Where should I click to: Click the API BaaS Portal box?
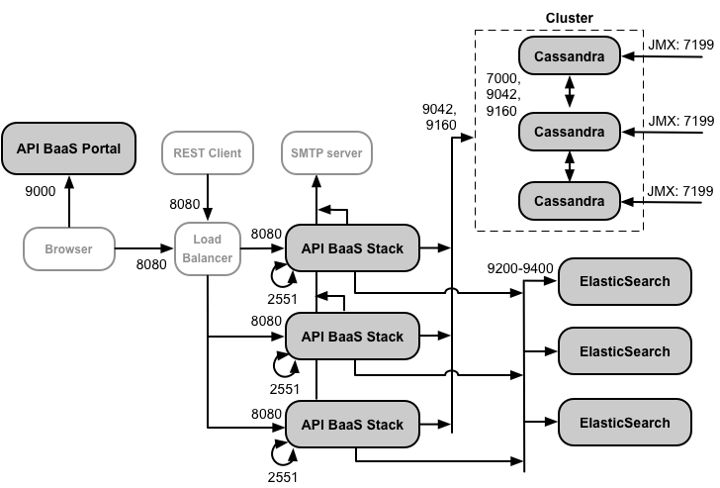pyautogui.click(x=68, y=149)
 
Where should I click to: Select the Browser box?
pyautogui.click(x=68, y=248)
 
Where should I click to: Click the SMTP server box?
pyautogui.click(x=326, y=153)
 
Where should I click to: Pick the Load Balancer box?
pyautogui.click(x=207, y=248)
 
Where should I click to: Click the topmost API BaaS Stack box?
pyautogui.click(x=352, y=248)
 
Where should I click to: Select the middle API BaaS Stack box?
pyautogui.click(x=352, y=337)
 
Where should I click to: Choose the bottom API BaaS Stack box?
pyautogui.click(x=352, y=425)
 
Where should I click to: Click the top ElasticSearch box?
pyautogui.click(x=624, y=281)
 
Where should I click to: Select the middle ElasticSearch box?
pyautogui.click(x=624, y=351)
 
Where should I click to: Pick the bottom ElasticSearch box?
pyautogui.click(x=624, y=423)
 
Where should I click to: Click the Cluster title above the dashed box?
pyautogui.click(x=570, y=19)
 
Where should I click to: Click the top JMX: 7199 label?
pyautogui.click(x=680, y=45)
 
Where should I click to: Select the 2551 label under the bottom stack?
pyautogui.click(x=284, y=477)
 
